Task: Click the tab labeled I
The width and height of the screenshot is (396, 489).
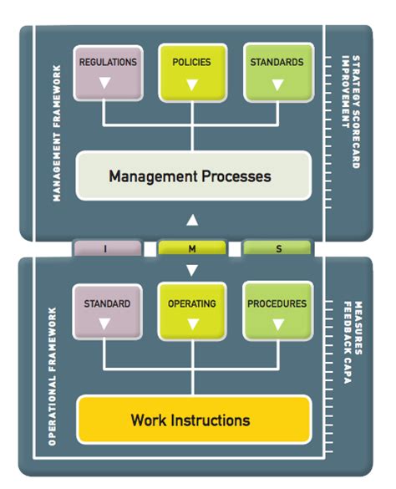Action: [106, 248]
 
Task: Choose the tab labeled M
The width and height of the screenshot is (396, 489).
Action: [192, 248]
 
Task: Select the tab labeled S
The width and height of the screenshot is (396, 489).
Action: [277, 248]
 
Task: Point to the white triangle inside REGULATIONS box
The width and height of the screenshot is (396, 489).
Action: [106, 84]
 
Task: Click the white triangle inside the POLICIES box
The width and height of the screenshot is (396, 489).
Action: [192, 84]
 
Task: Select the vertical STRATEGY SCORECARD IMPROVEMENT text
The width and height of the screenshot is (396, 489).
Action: [348, 113]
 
